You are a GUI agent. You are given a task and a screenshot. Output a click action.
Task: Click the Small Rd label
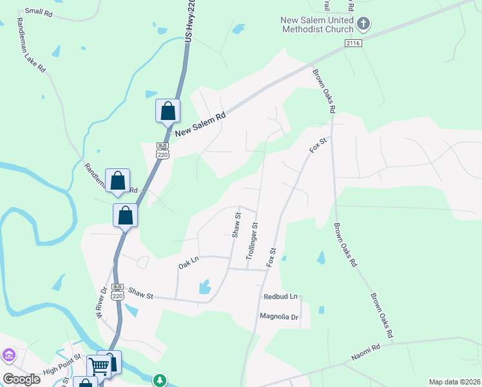[x=39, y=12]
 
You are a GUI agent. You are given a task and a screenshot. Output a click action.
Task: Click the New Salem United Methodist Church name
[x=317, y=25]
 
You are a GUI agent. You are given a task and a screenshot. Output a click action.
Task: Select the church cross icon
[x=363, y=25]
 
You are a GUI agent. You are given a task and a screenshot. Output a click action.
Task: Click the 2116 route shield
[x=352, y=43]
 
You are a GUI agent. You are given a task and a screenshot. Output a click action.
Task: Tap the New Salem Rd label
[x=202, y=124]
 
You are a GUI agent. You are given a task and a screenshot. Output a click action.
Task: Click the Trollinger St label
[x=254, y=242]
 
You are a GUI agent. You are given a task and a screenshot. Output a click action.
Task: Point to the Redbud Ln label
[x=280, y=297]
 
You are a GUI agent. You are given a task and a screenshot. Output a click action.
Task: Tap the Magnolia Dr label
[x=279, y=317]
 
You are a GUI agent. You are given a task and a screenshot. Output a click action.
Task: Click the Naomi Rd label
[x=367, y=351]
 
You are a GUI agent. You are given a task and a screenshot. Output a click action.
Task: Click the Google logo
[x=22, y=379]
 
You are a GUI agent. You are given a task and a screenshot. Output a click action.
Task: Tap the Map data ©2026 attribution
[x=454, y=382]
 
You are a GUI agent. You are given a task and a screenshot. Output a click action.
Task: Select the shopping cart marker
[x=99, y=366]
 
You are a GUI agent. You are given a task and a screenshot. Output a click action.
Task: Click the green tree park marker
[x=159, y=381]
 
